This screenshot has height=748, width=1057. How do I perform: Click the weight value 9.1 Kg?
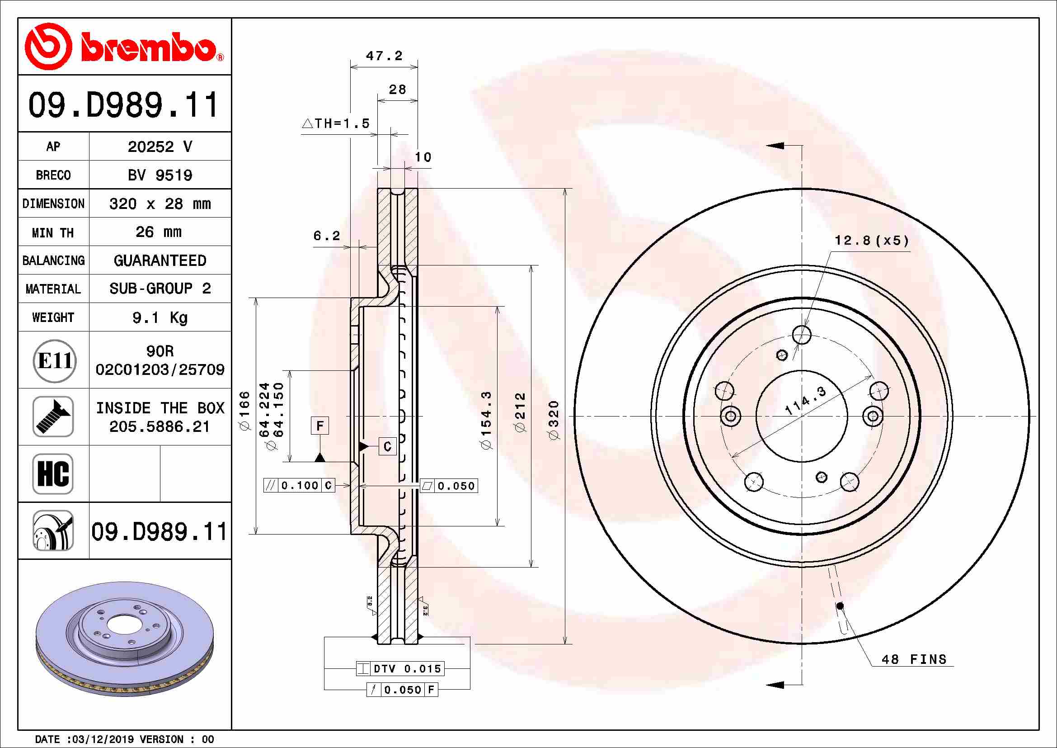160,317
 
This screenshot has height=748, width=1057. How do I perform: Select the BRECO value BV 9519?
160,175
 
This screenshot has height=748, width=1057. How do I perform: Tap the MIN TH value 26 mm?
158,232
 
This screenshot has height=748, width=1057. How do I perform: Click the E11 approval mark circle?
54,360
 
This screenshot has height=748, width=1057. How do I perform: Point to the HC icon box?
53,473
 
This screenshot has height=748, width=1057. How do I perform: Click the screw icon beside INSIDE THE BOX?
53,417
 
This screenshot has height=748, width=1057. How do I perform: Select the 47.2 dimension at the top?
384,56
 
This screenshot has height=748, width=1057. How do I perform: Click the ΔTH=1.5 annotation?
336,123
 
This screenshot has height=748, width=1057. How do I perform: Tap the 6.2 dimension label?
326,236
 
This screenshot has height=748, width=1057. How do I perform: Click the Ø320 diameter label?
554,420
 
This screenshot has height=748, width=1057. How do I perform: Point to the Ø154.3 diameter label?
486,420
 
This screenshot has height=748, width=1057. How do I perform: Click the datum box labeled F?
320,426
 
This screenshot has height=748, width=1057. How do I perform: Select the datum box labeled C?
387,446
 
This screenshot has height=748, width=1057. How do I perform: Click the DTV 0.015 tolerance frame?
400,668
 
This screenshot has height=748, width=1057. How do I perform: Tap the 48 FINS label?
914,659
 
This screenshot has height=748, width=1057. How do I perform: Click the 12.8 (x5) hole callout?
871,241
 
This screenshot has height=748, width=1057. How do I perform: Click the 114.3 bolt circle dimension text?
806,401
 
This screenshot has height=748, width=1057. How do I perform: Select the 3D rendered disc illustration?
124,639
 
